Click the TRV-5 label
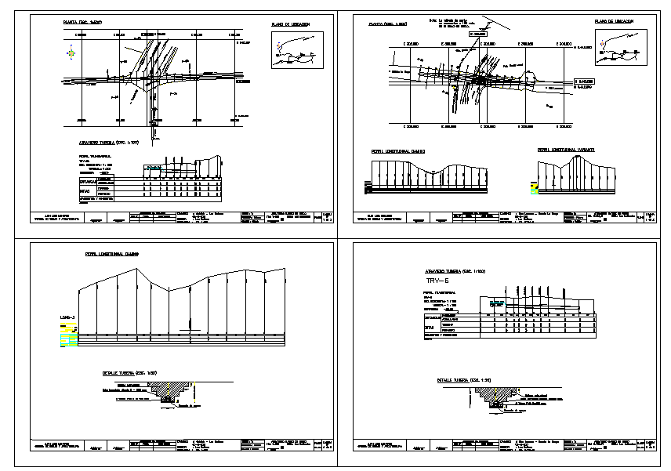click(437, 281)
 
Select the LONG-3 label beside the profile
click(67, 317)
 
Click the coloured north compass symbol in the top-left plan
click(71, 53)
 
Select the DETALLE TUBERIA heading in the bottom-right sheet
click(463, 380)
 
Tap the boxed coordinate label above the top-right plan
click(477, 34)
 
